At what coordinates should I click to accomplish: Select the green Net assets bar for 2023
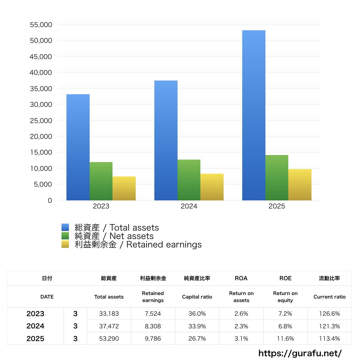(x=101, y=181)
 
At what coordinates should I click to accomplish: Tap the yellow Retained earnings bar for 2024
(x=212, y=187)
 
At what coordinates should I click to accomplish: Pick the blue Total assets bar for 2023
(x=78, y=147)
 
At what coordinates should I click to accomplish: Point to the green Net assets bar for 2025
(x=277, y=178)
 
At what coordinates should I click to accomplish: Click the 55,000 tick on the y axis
(x=41, y=25)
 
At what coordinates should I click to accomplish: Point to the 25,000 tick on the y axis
(x=41, y=121)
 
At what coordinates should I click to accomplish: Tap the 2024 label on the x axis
(x=189, y=206)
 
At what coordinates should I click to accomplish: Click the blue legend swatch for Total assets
(x=65, y=227)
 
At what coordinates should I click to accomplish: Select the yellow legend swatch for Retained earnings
(x=65, y=244)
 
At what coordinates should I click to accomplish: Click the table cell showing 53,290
(x=109, y=339)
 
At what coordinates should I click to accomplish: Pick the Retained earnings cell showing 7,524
(x=153, y=314)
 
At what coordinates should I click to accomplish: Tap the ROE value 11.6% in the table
(x=285, y=339)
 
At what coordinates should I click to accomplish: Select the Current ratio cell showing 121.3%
(x=329, y=326)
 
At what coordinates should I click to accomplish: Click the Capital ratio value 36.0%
(x=197, y=314)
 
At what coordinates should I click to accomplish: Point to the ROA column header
(x=241, y=278)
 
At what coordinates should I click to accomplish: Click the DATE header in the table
(x=47, y=297)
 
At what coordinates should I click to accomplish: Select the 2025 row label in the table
(x=35, y=339)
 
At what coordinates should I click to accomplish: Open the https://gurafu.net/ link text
(x=300, y=353)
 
